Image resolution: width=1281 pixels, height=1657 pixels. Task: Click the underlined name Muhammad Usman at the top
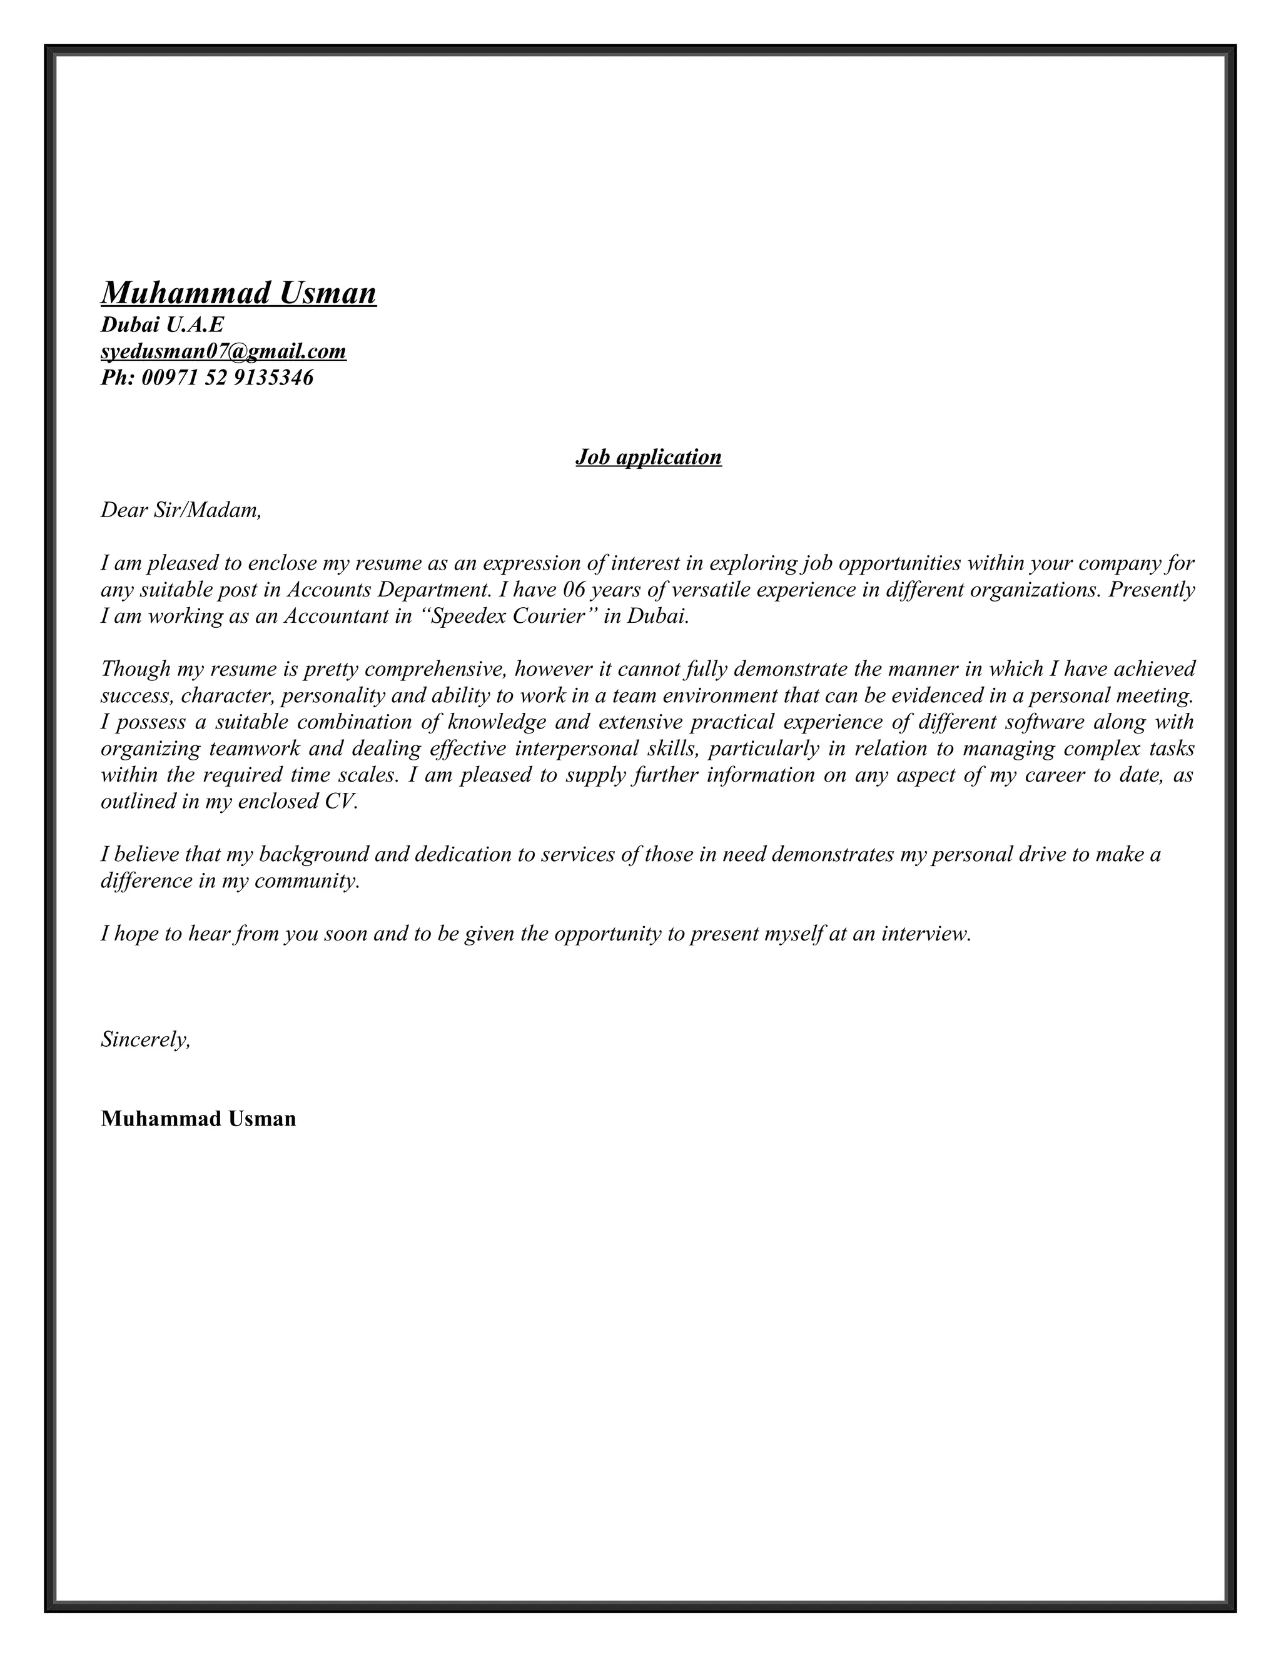point(238,293)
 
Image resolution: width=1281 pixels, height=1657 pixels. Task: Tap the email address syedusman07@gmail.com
point(223,351)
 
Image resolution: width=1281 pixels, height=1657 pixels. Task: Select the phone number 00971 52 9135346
point(227,378)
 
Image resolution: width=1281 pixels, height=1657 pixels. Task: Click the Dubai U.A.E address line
point(163,325)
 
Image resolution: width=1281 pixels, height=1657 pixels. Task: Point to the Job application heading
point(648,456)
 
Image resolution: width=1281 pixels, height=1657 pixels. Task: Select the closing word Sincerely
point(144,1040)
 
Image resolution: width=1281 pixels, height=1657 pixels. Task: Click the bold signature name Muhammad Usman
point(198,1119)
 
